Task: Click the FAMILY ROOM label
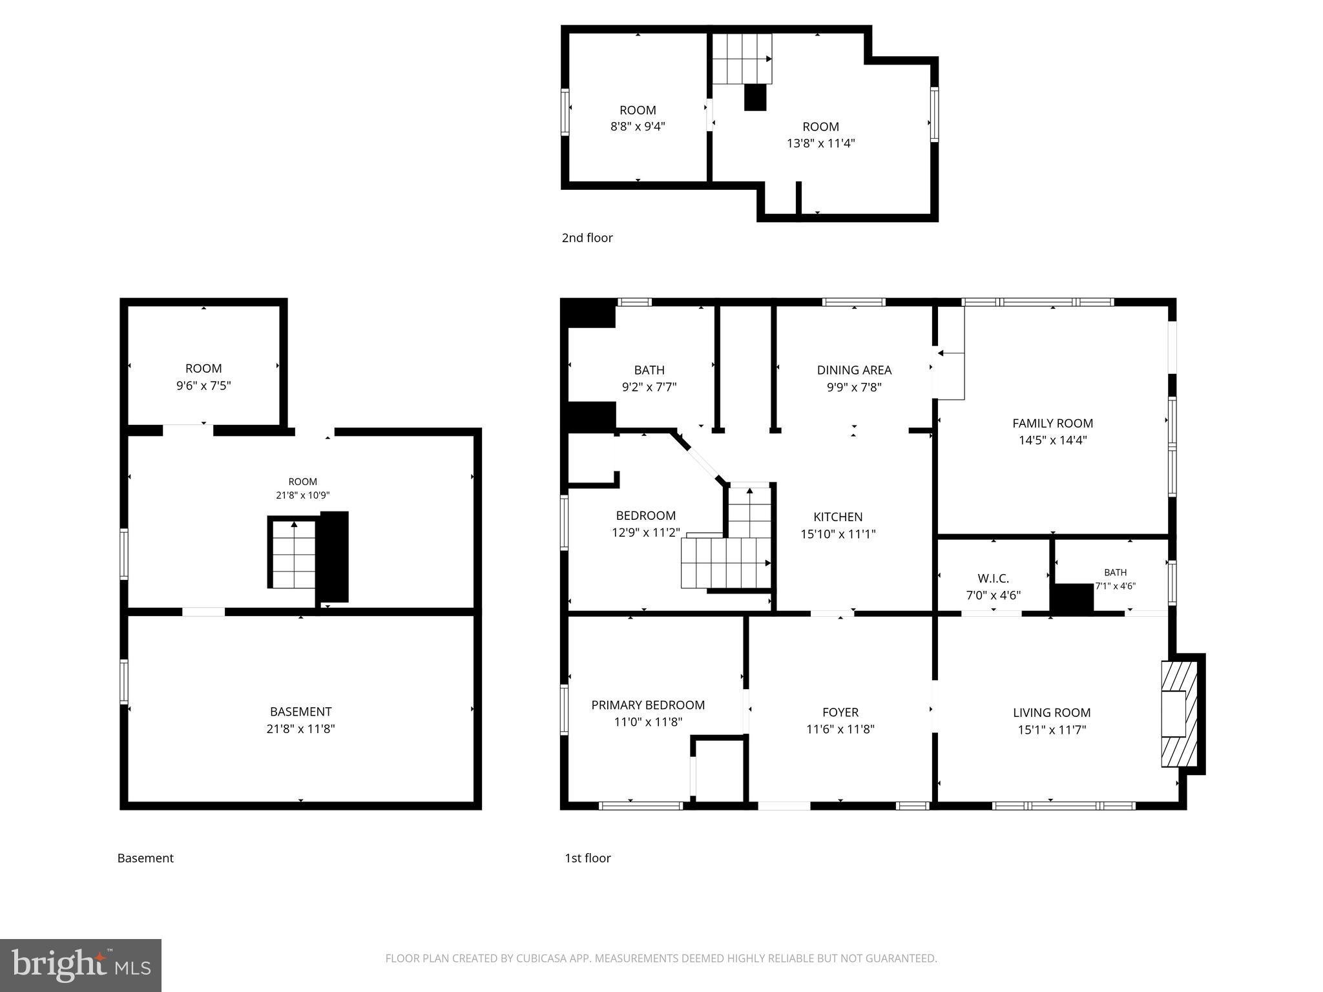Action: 1052,424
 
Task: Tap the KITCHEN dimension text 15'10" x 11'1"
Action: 838,534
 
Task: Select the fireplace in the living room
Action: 1180,714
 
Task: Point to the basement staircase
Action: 294,553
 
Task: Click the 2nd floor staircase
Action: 742,59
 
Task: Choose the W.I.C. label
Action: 994,579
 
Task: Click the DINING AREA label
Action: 854,370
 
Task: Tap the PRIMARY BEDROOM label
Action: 648,705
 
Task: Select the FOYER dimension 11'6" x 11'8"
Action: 840,729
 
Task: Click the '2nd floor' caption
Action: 587,238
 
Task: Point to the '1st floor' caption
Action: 588,858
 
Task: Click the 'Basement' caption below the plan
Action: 145,858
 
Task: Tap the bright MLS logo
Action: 81,966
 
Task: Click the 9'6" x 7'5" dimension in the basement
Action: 203,386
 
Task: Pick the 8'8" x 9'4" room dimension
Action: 638,127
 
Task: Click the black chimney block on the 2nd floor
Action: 755,98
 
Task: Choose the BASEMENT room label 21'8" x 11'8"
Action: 300,720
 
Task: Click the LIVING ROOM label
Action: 1052,713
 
